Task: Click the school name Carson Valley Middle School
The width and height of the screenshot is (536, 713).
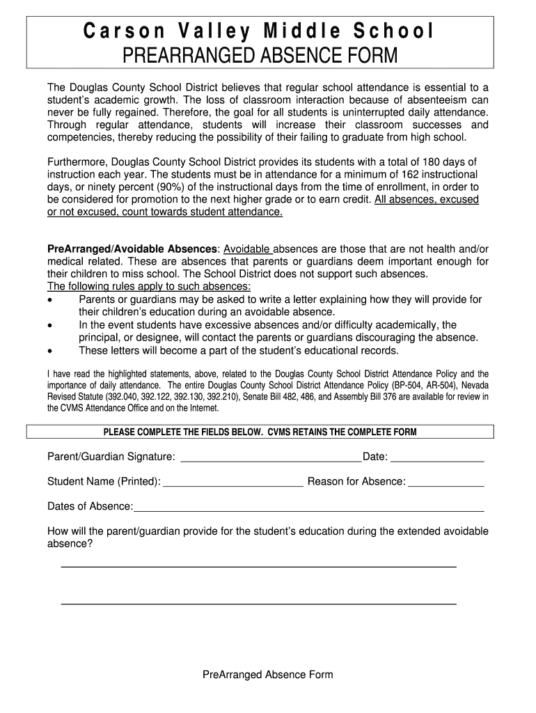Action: click(x=260, y=31)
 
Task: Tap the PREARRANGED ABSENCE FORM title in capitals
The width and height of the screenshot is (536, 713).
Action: click(x=260, y=55)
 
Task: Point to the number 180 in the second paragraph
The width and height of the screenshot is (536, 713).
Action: click(x=417, y=162)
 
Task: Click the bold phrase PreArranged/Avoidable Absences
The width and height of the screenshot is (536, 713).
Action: click(x=132, y=249)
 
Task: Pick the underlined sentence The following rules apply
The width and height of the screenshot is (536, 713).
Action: click(x=149, y=287)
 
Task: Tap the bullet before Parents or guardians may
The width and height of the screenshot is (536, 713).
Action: click(x=50, y=300)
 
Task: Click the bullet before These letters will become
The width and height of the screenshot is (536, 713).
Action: click(x=50, y=350)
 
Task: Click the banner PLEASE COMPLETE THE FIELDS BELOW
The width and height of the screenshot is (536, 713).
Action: click(x=260, y=432)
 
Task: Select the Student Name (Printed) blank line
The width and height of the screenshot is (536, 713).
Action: click(x=232, y=486)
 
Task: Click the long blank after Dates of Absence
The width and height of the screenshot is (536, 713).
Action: click(x=308, y=511)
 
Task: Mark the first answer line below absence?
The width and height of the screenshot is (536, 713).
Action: click(x=258, y=567)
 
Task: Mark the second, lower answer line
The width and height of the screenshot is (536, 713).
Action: click(x=258, y=603)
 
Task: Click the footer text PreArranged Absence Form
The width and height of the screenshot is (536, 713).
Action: click(x=267, y=675)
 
